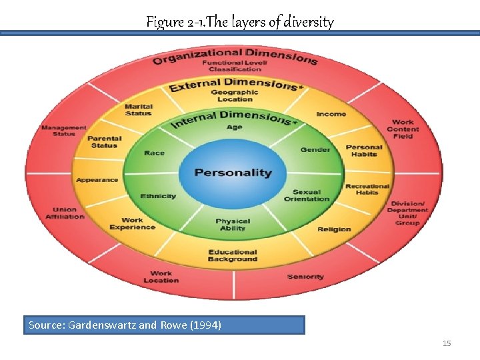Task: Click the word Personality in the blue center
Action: point(233,173)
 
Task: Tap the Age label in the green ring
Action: point(234,127)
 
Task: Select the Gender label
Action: point(315,149)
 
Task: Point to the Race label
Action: point(154,153)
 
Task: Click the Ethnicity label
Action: point(158,196)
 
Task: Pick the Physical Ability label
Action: point(233,225)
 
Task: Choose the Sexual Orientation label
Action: point(307,195)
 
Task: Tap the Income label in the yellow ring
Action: point(331,114)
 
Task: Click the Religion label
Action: point(334,229)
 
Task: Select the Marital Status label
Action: point(139,110)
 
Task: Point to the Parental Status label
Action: point(103,141)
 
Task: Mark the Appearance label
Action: point(97,180)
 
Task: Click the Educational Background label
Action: point(232,255)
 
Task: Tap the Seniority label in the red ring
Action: point(305,277)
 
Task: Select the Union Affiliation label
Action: point(65,213)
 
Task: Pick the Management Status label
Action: point(64,131)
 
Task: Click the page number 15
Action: point(447,343)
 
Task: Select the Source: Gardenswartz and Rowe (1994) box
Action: point(164,325)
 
